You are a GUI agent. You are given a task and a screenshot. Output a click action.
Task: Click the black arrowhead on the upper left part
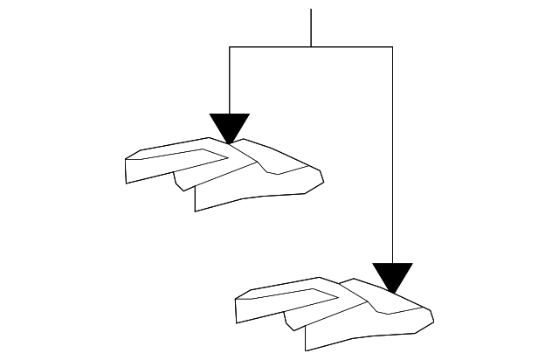[230, 126]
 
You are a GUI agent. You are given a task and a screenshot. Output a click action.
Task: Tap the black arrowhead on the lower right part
[392, 275]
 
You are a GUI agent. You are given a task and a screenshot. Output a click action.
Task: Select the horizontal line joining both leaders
[311, 46]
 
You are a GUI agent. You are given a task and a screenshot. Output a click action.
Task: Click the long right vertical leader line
[392, 157]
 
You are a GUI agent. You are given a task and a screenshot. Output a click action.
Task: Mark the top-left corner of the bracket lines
[229, 46]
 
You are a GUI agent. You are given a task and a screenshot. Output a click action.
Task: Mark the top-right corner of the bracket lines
[392, 46]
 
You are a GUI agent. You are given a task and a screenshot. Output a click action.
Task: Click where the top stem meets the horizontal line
[311, 46]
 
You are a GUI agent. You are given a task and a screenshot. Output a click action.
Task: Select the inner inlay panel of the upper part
[183, 157]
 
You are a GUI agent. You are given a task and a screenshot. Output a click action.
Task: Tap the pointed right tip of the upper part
[323, 181]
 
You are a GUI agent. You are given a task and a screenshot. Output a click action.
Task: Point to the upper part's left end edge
[127, 170]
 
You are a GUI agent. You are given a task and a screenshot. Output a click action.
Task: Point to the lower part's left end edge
[238, 310]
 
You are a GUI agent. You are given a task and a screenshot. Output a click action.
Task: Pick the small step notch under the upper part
[179, 181]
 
